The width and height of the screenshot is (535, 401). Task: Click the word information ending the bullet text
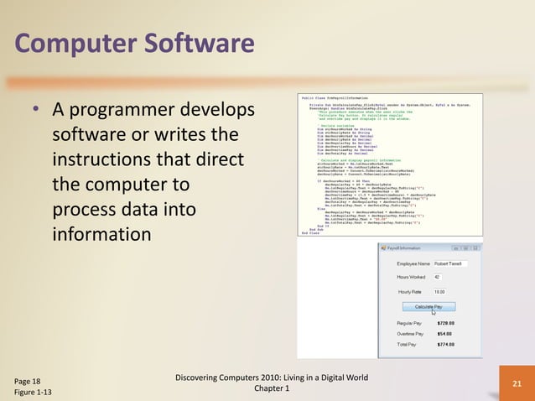tap(101, 232)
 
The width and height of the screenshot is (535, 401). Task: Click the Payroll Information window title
tap(405, 248)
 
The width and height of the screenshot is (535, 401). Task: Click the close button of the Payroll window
tap(476, 248)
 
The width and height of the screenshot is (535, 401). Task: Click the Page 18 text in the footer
tap(28, 380)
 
